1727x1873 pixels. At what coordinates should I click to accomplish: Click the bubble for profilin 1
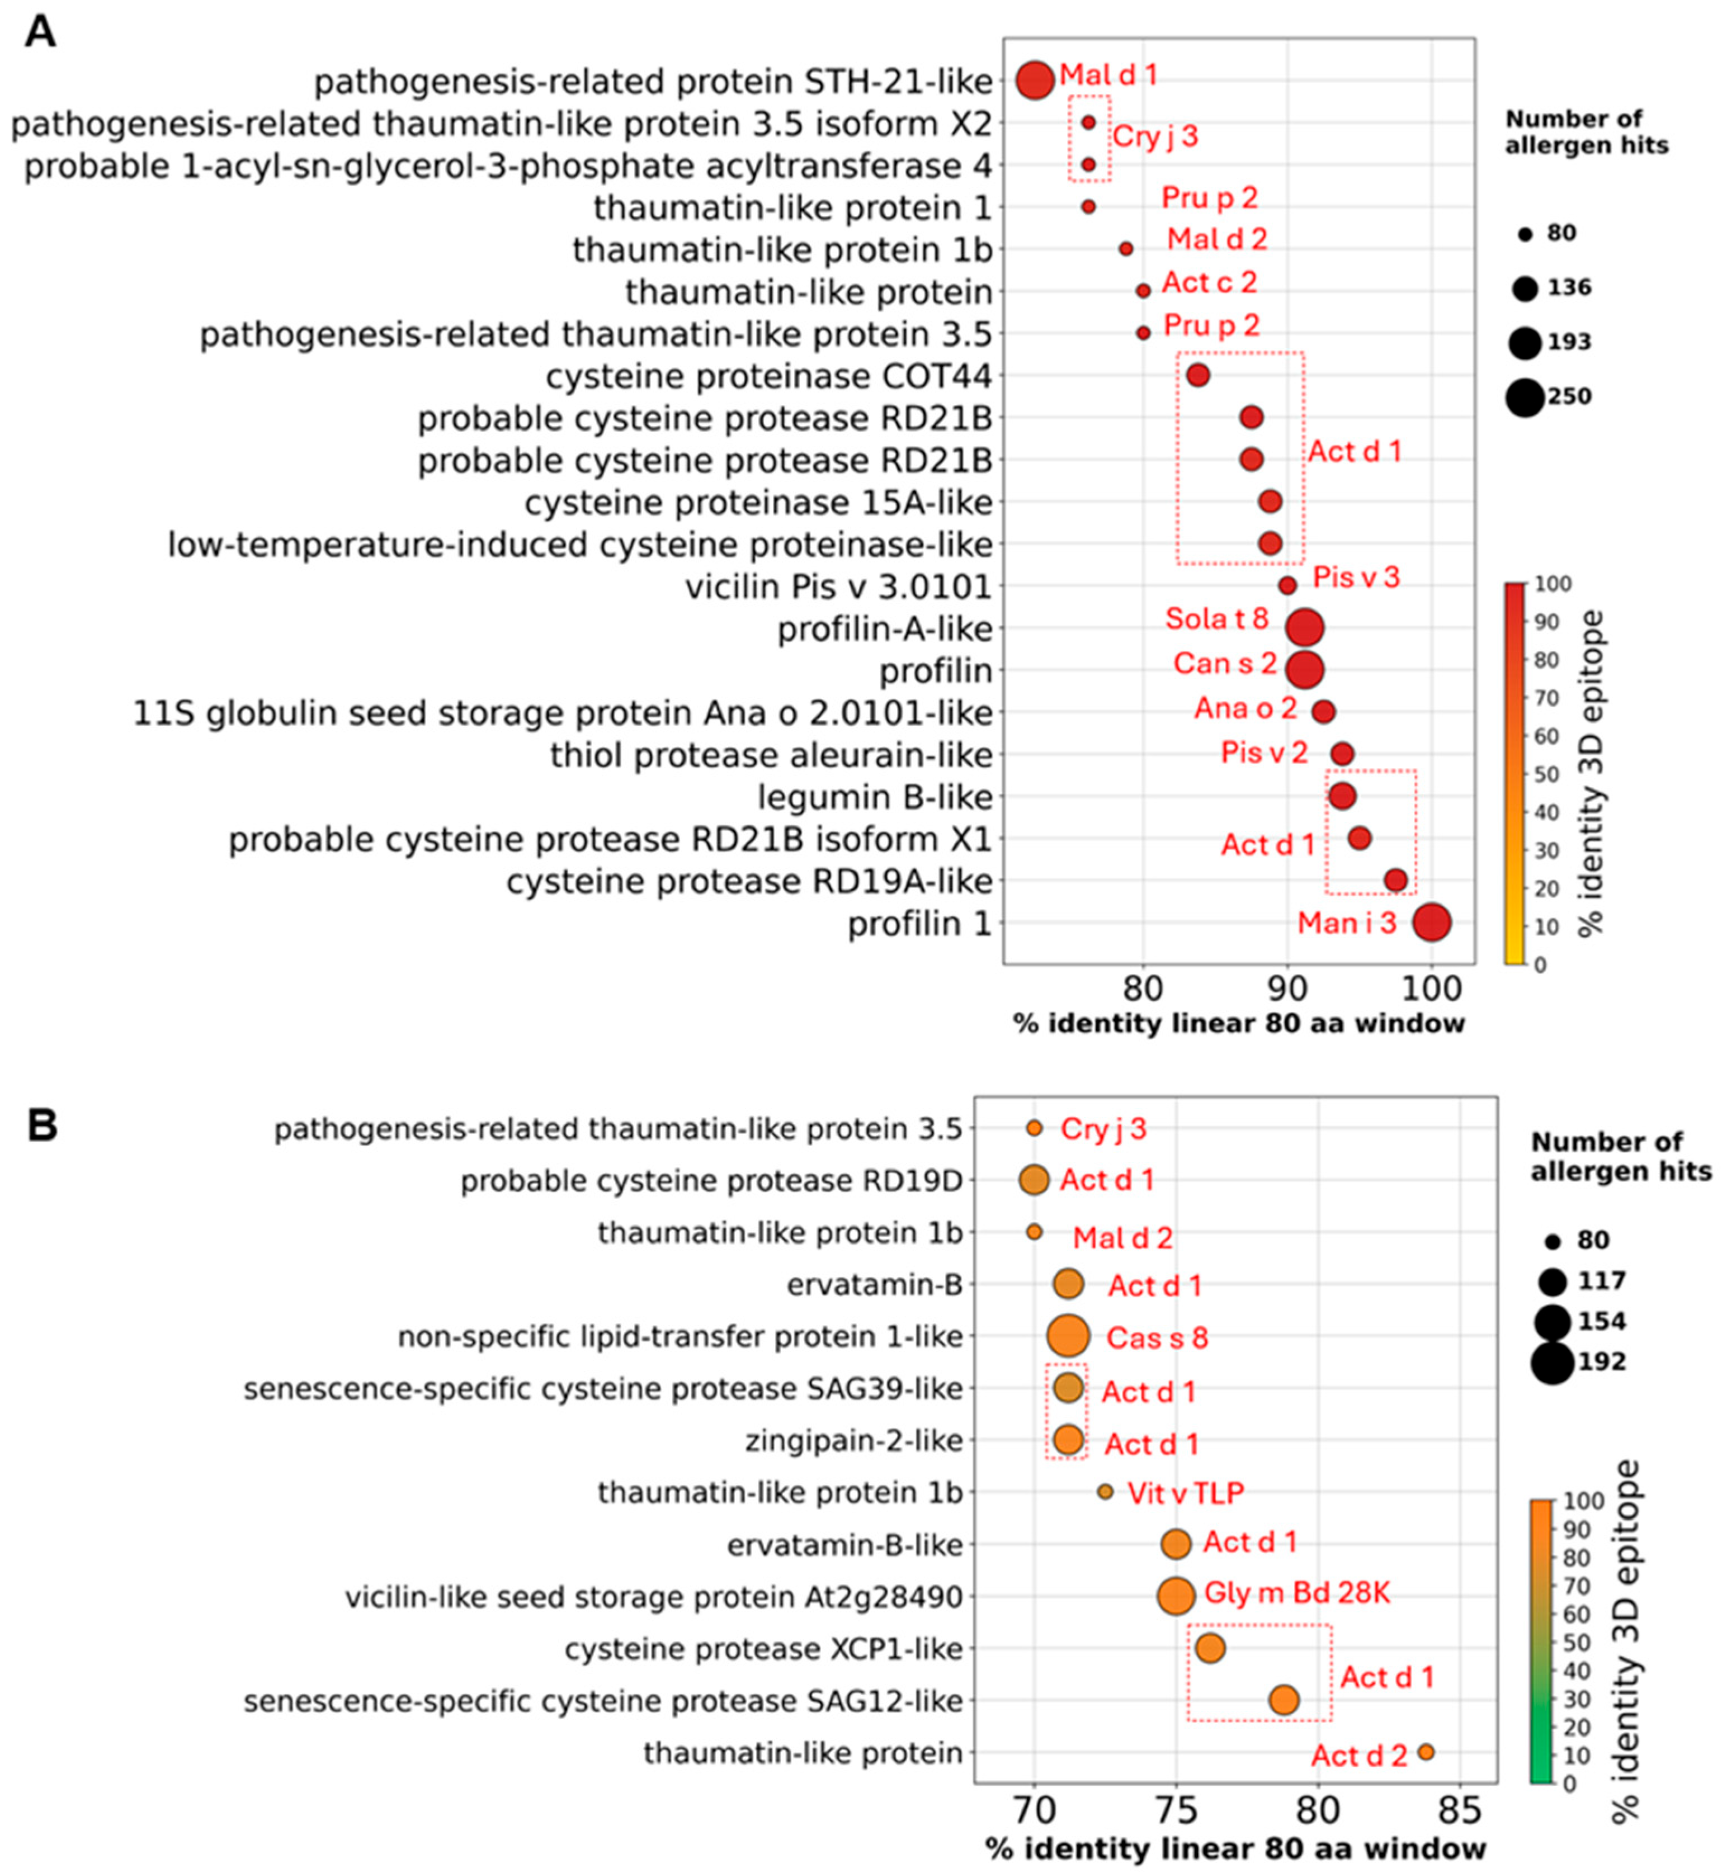click(1432, 923)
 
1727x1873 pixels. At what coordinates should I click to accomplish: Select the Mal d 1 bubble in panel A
click(1035, 81)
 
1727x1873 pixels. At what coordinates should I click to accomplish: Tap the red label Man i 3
click(1347, 923)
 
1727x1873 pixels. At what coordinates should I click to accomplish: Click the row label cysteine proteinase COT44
click(768, 376)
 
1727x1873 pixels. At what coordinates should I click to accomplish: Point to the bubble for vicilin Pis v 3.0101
click(1287, 586)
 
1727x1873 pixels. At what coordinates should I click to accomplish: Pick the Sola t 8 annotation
click(1217, 618)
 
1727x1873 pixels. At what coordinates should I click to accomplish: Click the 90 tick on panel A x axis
click(1287, 987)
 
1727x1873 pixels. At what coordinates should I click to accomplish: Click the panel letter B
click(42, 1125)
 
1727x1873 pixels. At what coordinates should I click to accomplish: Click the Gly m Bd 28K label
click(1297, 1593)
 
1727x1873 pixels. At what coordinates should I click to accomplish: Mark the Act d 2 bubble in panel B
click(1425, 1752)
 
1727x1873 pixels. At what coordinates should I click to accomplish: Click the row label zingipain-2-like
click(853, 1440)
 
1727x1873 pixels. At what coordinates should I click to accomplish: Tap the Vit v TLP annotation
click(1186, 1493)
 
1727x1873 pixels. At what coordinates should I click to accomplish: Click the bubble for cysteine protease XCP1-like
click(1209, 1649)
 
